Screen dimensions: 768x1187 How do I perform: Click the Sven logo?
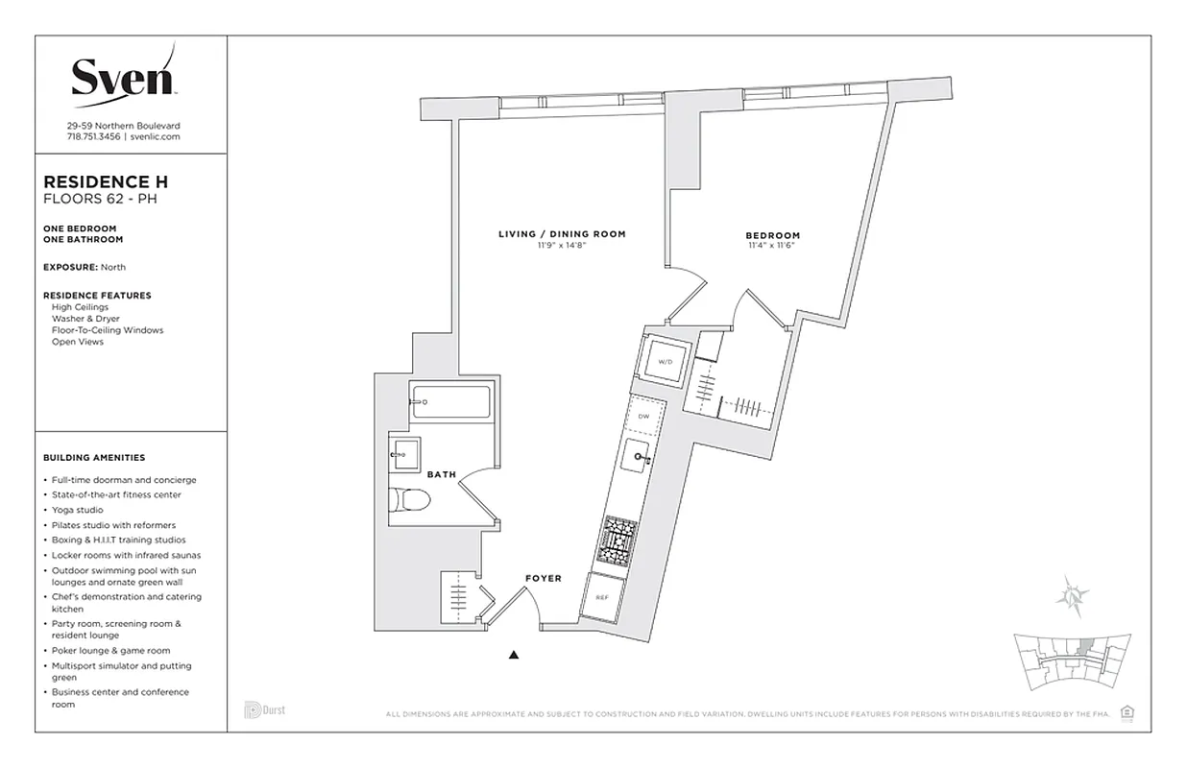124,76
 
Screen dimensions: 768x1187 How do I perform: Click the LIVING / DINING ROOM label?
562,234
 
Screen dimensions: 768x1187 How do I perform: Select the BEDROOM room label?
772,235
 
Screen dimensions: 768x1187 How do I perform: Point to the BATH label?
442,473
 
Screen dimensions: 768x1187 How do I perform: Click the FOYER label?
543,578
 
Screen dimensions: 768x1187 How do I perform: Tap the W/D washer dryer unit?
665,361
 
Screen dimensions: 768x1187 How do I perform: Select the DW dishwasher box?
644,415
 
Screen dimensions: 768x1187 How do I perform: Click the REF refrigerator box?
602,597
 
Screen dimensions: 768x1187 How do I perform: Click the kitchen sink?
636,458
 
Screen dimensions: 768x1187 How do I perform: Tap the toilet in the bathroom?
410,498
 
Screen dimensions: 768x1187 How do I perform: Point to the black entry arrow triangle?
514,656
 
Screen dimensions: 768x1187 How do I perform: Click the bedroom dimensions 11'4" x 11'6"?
772,246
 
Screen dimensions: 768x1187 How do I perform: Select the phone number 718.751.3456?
94,136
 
